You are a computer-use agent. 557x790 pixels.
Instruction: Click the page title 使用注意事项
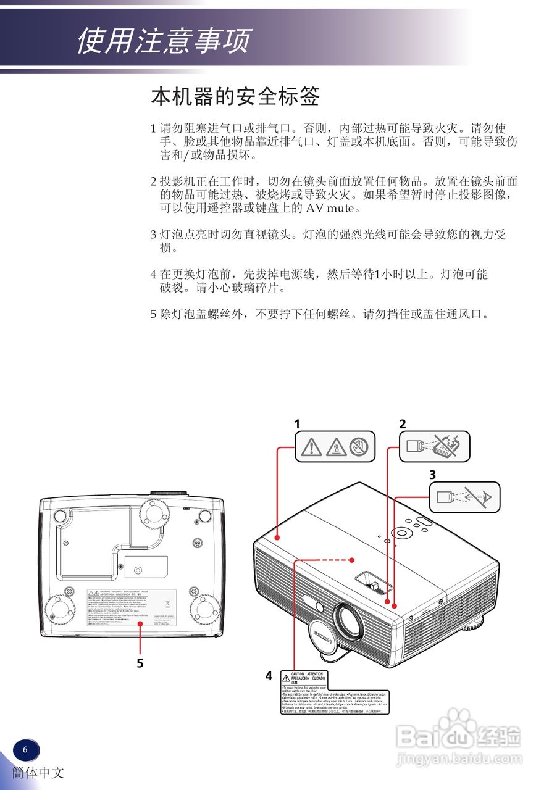(164, 41)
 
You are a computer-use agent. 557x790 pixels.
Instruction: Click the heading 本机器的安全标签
(235, 97)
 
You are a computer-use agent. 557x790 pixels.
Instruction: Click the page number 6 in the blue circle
(25, 750)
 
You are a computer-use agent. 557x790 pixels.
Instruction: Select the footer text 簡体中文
(37, 773)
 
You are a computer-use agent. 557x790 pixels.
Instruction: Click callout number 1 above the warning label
(297, 424)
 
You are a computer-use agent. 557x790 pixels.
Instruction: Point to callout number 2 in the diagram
(403, 424)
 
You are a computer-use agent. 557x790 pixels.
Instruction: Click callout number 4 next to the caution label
(269, 676)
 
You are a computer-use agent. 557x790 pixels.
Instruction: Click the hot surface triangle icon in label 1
(335, 446)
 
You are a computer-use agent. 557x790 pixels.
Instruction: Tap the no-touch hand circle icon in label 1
(359, 446)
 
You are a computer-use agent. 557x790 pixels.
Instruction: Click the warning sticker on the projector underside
(131, 608)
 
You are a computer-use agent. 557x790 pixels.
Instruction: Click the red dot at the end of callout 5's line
(140, 625)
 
